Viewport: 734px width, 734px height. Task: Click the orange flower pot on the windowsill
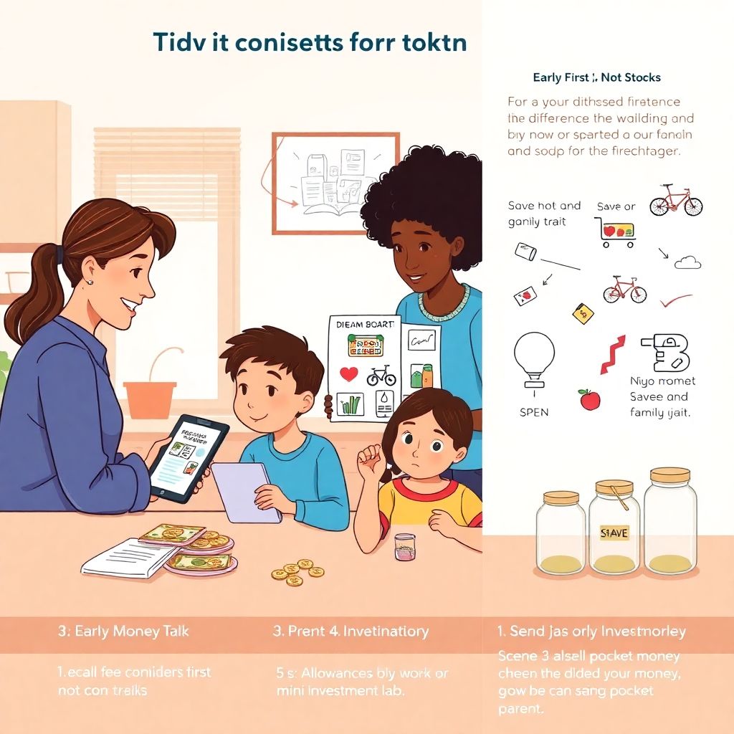click(150, 399)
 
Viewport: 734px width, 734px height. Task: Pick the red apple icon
click(590, 400)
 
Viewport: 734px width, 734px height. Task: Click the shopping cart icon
click(616, 232)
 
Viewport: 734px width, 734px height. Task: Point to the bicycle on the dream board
click(381, 374)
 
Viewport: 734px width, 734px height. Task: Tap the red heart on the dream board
click(349, 374)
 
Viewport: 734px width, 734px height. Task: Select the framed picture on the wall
click(335, 183)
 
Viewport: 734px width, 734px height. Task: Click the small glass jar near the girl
click(405, 546)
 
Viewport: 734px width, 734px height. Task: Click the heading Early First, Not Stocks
click(596, 77)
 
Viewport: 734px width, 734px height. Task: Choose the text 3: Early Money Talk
click(123, 631)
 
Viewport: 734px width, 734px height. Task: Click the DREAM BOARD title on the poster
click(365, 324)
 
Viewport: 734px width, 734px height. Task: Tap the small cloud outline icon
click(688, 262)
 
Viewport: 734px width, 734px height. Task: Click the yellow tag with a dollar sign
click(583, 313)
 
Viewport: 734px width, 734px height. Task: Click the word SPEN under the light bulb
click(534, 412)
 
